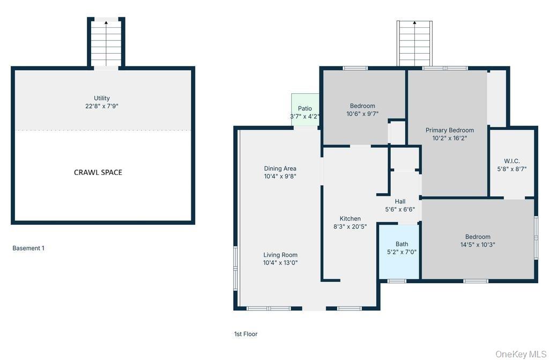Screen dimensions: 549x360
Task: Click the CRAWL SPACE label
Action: pos(98,172)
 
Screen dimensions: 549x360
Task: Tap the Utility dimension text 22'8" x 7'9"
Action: pos(102,106)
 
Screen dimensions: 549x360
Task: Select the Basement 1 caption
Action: pos(28,248)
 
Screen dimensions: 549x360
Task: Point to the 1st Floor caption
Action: pos(246,334)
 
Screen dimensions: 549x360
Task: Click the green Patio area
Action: pos(305,110)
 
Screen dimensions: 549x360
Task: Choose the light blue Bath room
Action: pos(399,251)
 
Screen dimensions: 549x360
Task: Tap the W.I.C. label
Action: pos(512,161)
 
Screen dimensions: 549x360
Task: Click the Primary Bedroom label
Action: pos(450,130)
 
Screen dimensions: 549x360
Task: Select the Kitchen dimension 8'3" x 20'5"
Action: pos(350,226)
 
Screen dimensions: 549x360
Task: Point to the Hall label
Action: pos(400,202)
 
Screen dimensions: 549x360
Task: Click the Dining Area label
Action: pos(280,168)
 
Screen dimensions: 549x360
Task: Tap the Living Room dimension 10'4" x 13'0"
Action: pos(280,262)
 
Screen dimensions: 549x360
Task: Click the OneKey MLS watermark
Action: pos(521,354)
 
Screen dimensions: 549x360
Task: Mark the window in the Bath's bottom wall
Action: pos(397,281)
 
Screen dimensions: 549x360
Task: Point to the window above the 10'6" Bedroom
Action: pos(355,68)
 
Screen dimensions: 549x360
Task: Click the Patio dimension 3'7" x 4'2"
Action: pos(305,116)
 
